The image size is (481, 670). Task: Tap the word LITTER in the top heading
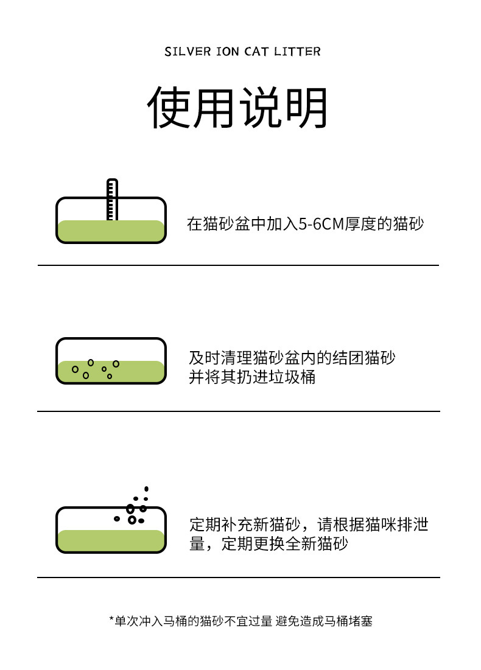coord(299,52)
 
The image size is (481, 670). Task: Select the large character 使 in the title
coord(169,108)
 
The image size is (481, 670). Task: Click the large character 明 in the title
coord(306,108)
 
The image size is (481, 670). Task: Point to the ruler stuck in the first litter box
coord(112,199)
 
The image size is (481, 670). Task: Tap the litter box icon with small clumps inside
coord(111,361)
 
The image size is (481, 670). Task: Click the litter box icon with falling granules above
coord(111,529)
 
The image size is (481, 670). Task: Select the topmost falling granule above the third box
coord(146,489)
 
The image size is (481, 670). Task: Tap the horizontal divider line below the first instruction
coord(238,265)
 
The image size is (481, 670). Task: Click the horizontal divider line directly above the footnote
coord(238,577)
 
